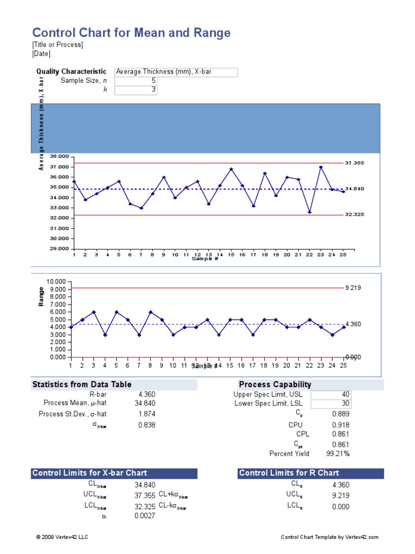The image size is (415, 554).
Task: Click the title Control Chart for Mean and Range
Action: tap(131, 33)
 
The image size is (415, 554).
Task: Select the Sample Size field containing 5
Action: tap(136, 81)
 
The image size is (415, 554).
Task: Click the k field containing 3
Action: tap(136, 90)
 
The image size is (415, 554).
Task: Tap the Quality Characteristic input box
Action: tap(176, 71)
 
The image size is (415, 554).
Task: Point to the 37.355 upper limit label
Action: tap(354, 163)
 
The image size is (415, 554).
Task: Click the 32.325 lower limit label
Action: tap(354, 215)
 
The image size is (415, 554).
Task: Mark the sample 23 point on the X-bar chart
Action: tap(321, 167)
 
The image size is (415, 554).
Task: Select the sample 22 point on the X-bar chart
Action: tap(310, 212)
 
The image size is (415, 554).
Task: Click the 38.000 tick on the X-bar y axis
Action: tap(59, 156)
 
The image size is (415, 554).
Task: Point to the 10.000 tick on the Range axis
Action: tap(56, 282)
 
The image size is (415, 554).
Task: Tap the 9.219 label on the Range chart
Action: tap(353, 288)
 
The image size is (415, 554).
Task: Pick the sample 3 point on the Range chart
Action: tap(93, 312)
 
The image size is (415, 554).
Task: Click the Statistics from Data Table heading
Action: tap(82, 385)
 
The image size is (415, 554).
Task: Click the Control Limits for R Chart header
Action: tap(289, 473)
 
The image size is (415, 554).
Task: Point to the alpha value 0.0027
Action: tap(145, 516)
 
